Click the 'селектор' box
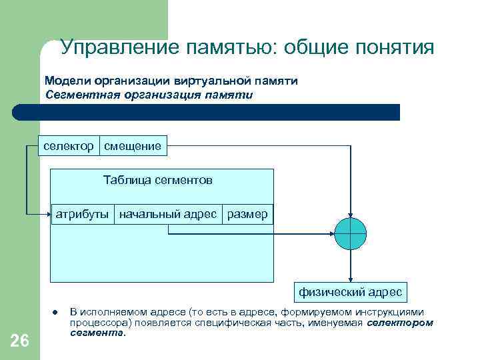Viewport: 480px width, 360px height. click(x=68, y=145)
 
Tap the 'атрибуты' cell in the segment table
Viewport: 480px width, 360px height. click(x=82, y=214)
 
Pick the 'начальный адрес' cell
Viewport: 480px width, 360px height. click(x=168, y=214)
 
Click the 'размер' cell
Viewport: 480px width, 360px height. click(x=247, y=214)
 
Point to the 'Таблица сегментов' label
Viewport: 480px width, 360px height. click(x=158, y=180)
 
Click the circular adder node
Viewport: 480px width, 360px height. click(x=350, y=233)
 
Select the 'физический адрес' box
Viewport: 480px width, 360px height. click(x=350, y=292)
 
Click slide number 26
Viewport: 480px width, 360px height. click(x=20, y=341)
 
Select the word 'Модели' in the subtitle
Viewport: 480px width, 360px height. click(x=67, y=81)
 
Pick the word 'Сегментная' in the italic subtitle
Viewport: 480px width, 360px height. click(x=79, y=94)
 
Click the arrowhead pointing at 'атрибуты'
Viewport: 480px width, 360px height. click(x=49, y=214)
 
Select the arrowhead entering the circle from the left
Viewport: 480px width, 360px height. click(x=331, y=233)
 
